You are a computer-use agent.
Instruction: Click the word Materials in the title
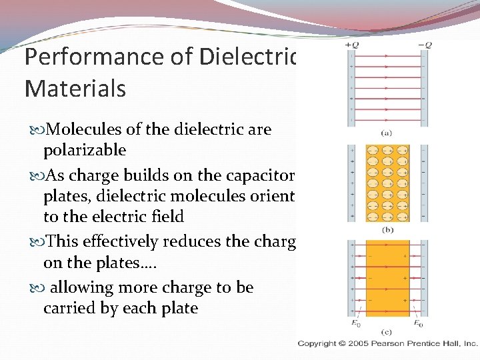[75, 88]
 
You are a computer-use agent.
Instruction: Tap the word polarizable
[85, 150]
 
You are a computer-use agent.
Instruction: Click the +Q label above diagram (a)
[351, 45]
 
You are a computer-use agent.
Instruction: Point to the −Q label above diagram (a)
[424, 45]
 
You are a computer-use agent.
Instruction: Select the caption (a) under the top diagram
[387, 133]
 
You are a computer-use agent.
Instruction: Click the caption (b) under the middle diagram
[387, 229]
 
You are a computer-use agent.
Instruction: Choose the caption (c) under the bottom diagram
[387, 331]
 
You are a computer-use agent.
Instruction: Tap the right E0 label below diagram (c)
[418, 324]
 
